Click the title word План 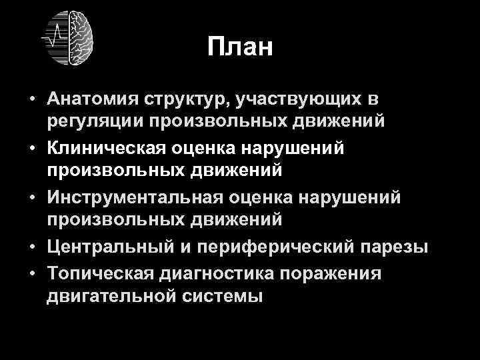coord(240,47)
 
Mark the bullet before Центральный coord(32,249)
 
